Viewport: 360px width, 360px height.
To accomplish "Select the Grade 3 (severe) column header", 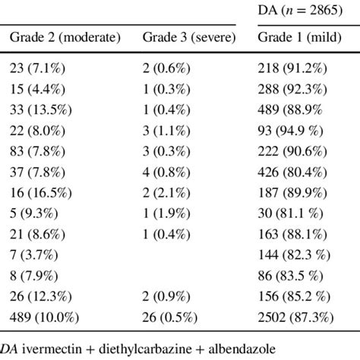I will click(189, 38).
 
